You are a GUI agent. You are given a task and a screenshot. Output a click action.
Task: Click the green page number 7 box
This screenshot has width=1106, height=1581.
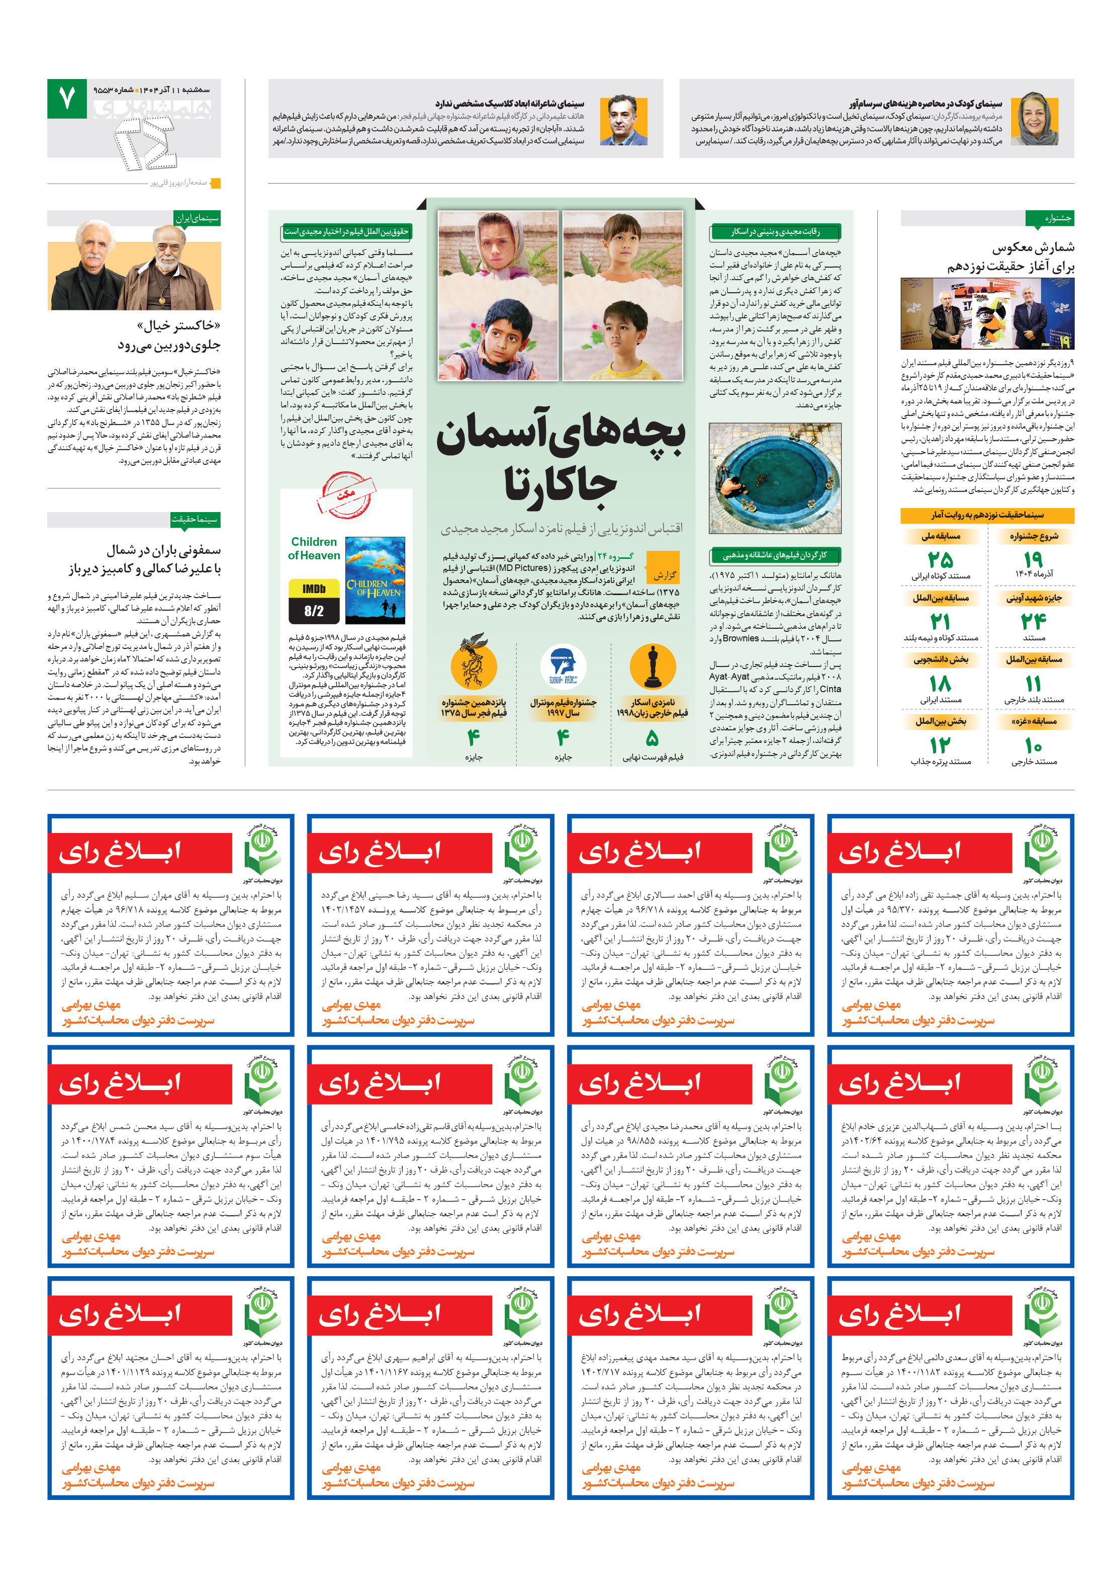tap(67, 99)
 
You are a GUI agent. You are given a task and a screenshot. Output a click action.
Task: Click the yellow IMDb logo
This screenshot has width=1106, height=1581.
tap(313, 589)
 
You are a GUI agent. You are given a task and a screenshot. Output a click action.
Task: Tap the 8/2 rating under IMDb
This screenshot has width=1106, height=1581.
tap(313, 610)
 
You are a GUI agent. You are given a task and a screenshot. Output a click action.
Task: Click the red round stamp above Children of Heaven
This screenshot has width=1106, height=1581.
tap(346, 494)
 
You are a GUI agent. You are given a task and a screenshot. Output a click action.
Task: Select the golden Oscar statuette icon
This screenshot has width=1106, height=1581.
tap(652, 667)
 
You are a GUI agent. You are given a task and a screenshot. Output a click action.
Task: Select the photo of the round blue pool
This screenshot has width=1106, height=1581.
tap(774, 478)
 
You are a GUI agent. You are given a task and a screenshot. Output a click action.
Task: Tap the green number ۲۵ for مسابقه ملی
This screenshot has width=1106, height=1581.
tap(940, 559)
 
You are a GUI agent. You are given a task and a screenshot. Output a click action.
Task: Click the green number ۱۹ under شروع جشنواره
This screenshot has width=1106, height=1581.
tap(1033, 559)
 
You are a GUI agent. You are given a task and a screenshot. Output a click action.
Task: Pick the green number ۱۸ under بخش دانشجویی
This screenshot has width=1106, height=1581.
tap(940, 683)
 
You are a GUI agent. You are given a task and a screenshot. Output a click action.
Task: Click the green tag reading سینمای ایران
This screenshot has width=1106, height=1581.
tap(197, 218)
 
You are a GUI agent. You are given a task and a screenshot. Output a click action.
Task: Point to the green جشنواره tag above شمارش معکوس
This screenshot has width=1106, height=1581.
tap(1049, 218)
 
